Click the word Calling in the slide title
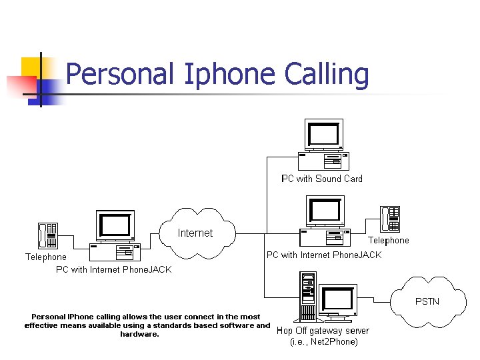[x=327, y=75]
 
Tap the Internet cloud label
[x=195, y=233]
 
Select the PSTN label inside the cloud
[x=427, y=301]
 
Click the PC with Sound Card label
[x=322, y=179]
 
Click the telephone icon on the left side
[x=47, y=235]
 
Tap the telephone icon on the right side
[x=390, y=219]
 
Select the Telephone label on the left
[x=46, y=257]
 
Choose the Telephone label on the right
[x=389, y=240]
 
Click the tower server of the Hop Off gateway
[x=307, y=297]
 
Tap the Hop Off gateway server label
[x=323, y=331]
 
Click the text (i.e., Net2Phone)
[x=324, y=342]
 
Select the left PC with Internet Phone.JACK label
[x=113, y=270]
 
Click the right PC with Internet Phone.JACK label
[x=324, y=255]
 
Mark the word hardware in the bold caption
[x=139, y=335]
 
